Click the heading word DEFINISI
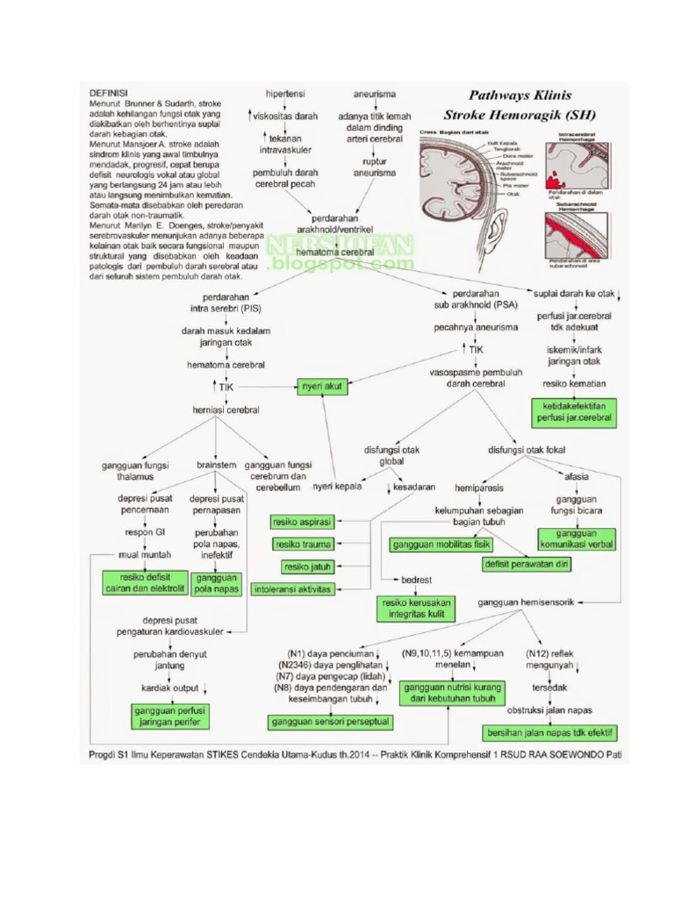tap(109, 92)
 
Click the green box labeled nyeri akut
tap(322, 384)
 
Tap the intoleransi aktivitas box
tap(293, 589)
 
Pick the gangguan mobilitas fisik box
tap(440, 545)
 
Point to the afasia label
tap(577, 476)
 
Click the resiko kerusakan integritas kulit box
tap(412, 608)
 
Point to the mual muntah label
tap(146, 555)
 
